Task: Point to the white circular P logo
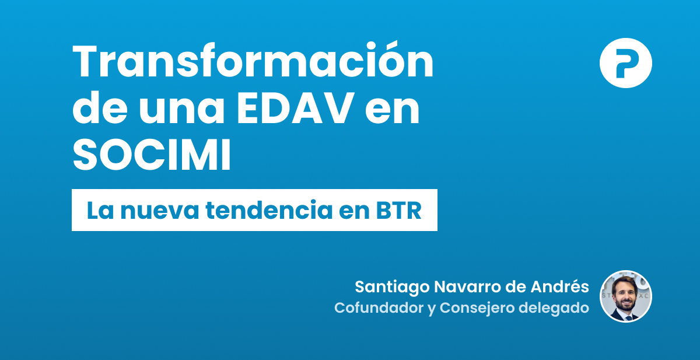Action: tap(625, 63)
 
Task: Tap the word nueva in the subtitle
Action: tap(156, 211)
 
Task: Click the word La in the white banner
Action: tap(100, 211)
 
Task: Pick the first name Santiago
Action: tap(387, 287)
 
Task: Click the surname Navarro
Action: tap(457, 287)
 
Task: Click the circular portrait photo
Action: tap(625, 296)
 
